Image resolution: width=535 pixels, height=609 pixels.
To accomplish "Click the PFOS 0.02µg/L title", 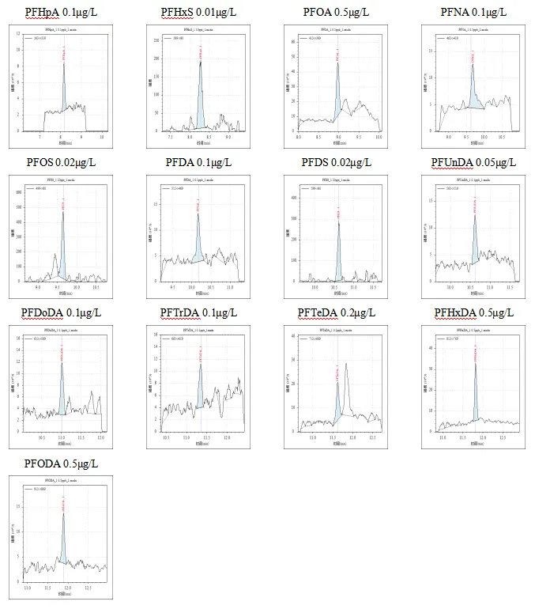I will coord(61,163).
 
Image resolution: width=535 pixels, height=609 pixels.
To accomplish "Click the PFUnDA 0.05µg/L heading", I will coord(474,163).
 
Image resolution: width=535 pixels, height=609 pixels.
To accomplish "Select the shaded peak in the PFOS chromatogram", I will coord(63,253).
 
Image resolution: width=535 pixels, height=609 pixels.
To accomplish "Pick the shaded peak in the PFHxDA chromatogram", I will coord(476,403).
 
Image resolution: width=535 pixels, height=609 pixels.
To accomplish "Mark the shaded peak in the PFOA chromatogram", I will coord(338,99).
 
